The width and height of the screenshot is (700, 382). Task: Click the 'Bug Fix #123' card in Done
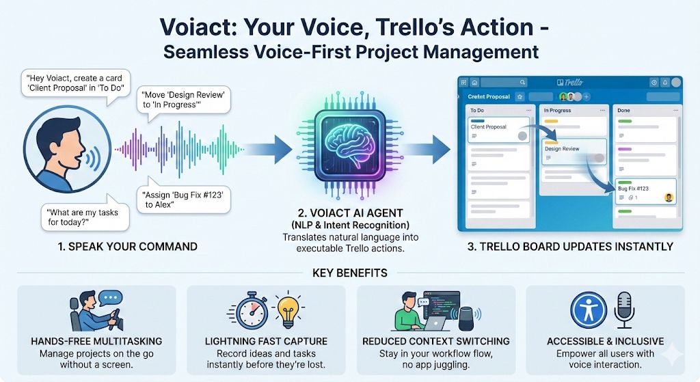(x=645, y=192)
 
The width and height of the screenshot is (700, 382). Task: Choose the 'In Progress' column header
(x=558, y=109)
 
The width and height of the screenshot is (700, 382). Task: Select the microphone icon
(x=624, y=309)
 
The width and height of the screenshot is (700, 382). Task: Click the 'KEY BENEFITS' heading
(x=349, y=273)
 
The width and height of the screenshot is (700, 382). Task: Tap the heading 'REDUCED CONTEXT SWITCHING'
(x=436, y=341)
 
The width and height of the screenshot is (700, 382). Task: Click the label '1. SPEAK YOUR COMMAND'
(x=128, y=247)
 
